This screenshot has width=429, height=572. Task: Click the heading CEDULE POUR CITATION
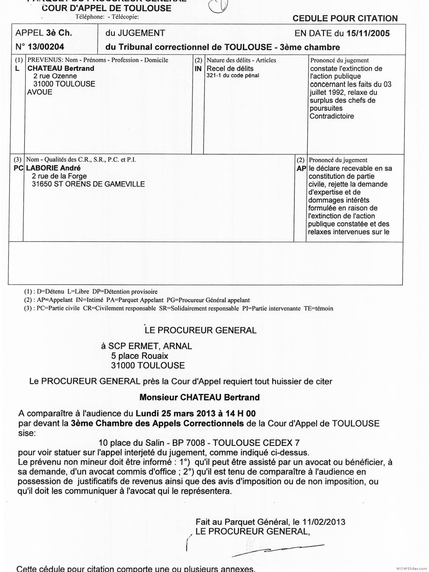tap(345, 19)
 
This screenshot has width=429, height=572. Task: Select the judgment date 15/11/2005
tap(368, 34)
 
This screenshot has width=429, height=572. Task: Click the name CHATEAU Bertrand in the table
tap(61, 68)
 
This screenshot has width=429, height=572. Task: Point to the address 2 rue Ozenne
tap(55, 76)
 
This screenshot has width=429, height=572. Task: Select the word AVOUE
tap(40, 92)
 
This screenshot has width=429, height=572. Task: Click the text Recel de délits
tap(230, 68)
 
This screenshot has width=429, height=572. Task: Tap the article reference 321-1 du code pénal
tap(233, 75)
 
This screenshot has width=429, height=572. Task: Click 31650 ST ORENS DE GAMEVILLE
tap(88, 184)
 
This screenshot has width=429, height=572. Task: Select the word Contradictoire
tap(332, 116)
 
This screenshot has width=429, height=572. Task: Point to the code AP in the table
tap(301, 168)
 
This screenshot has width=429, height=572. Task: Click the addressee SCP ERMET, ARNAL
tap(150, 346)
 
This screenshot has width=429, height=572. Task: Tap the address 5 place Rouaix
tap(139, 356)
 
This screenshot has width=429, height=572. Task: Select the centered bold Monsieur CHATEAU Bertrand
tap(199, 397)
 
